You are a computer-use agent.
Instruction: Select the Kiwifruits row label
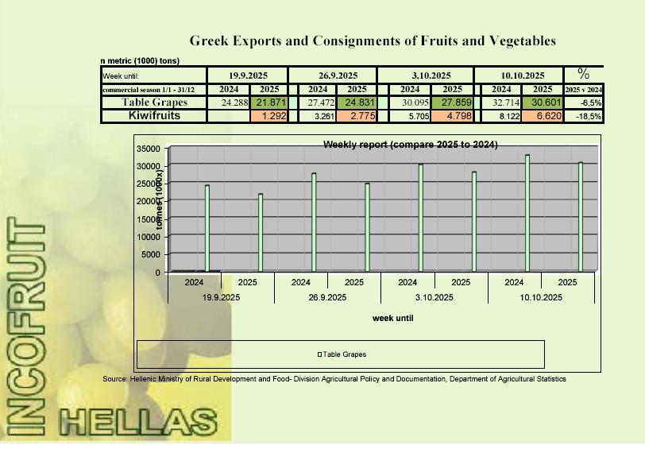pyautogui.click(x=154, y=116)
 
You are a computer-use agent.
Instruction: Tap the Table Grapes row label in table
pyautogui.click(x=154, y=103)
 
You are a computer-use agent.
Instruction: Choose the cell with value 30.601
pyautogui.click(x=543, y=103)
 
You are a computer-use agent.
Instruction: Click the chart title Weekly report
pyautogui.click(x=410, y=145)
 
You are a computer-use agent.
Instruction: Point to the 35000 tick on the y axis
pyautogui.click(x=149, y=149)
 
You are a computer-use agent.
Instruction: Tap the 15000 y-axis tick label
pyautogui.click(x=149, y=219)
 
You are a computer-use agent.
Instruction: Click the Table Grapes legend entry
pyautogui.click(x=342, y=354)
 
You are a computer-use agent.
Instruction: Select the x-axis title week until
pyautogui.click(x=392, y=318)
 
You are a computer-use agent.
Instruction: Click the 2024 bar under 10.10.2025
pyautogui.click(x=527, y=213)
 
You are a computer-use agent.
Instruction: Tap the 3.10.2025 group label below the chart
pyautogui.click(x=434, y=297)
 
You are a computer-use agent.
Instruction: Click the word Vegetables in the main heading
pyautogui.click(x=515, y=41)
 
